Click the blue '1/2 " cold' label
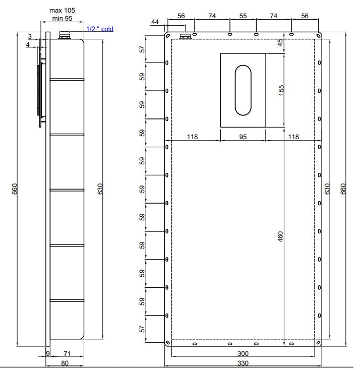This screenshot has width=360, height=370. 100,29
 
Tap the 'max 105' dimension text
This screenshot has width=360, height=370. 62,11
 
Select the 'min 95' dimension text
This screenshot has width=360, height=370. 62,19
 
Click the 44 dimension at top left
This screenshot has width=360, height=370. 155,22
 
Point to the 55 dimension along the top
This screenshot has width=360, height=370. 243,16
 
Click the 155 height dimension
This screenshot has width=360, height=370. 281,90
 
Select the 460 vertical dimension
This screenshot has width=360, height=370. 280,236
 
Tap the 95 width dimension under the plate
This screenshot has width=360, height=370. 243,137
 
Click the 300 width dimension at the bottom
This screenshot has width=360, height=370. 243,353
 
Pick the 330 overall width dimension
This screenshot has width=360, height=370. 243,363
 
